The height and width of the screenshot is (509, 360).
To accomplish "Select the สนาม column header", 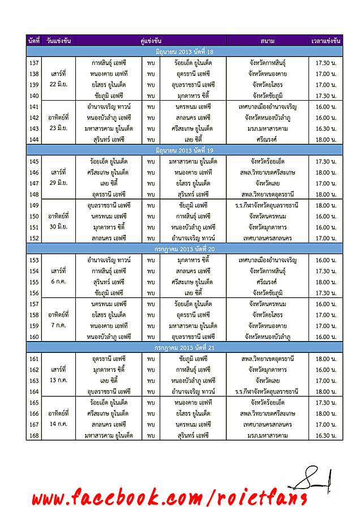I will click(x=268, y=41).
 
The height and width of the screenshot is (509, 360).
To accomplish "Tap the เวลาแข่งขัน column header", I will click(x=326, y=41).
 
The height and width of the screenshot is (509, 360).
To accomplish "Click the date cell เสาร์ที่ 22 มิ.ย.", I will click(x=59, y=79).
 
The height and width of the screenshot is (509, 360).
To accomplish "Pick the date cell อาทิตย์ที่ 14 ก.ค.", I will click(x=59, y=418).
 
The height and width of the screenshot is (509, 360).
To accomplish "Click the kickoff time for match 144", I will click(x=326, y=139).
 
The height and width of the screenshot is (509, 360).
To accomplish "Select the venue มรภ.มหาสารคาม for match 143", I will click(x=268, y=128).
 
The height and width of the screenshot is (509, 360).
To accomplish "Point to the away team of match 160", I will click(x=193, y=337).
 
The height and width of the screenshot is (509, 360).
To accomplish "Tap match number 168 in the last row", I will click(x=33, y=434).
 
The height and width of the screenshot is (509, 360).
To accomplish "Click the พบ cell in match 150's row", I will click(x=151, y=216).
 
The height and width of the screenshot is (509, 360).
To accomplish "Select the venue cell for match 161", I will click(x=268, y=359).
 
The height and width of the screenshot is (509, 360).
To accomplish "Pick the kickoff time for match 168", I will click(x=326, y=434).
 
